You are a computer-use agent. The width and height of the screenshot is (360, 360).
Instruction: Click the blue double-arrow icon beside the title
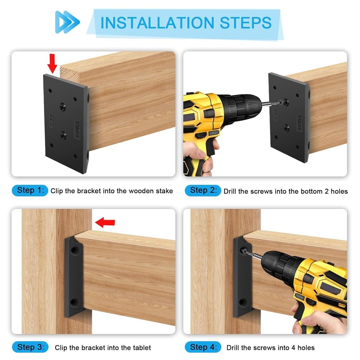[67, 22]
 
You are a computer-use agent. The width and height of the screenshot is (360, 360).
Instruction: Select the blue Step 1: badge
[30, 190]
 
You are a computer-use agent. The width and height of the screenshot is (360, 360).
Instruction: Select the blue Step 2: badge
[203, 190]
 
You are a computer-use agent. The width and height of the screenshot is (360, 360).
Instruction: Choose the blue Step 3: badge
[30, 347]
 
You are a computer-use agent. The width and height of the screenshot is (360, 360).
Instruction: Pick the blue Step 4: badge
[203, 347]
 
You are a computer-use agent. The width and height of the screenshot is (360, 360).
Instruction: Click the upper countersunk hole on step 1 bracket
[63, 107]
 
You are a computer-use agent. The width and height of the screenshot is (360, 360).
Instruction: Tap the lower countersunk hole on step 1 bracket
[63, 135]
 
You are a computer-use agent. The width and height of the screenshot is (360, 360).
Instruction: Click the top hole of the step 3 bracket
[74, 249]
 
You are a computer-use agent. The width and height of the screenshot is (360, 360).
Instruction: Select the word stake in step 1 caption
[164, 191]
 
